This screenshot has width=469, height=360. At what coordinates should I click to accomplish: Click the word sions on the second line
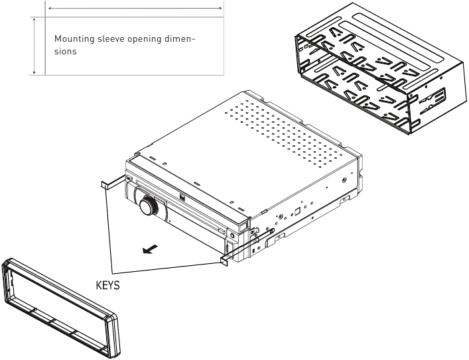(66, 52)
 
